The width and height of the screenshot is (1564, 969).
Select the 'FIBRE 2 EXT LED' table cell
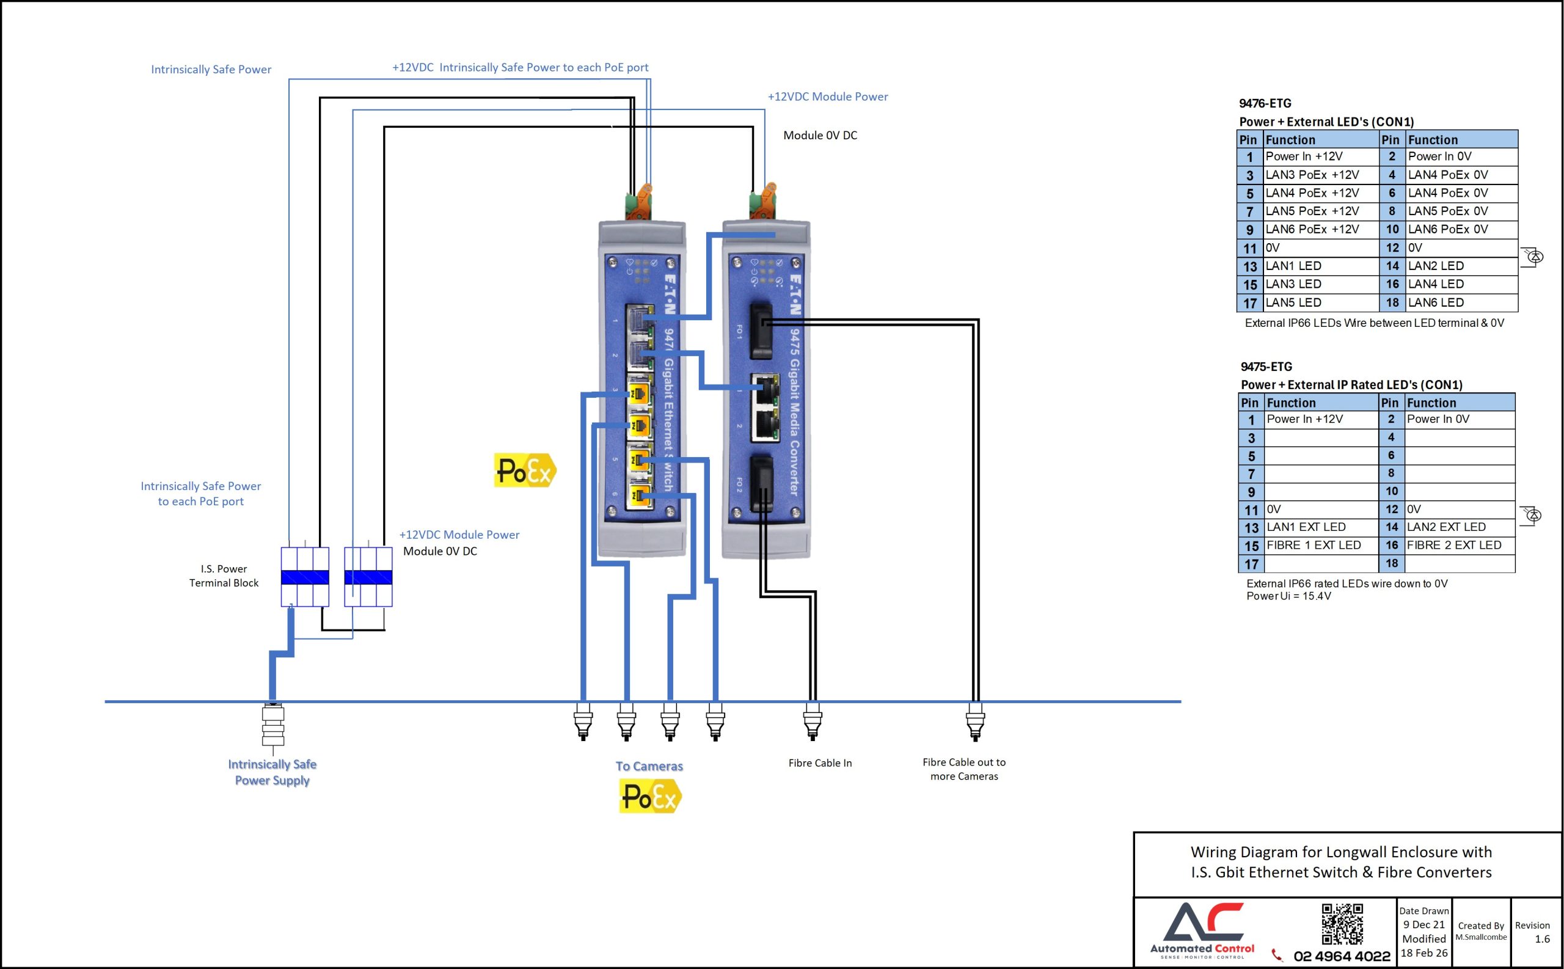pos(1453,546)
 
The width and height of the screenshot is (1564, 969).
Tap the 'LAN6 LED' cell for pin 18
pos(1435,302)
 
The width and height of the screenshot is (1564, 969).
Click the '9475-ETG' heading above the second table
pos(1266,367)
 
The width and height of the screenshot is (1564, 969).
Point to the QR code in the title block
pos(1342,924)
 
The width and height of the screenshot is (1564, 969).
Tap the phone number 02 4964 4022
pos(1341,956)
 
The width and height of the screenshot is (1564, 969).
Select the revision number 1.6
pos(1542,939)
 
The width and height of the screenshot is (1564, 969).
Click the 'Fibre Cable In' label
pos(819,763)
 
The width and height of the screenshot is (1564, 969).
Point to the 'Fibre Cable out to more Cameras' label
pos(963,769)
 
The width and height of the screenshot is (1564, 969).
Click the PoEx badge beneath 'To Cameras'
pos(649,796)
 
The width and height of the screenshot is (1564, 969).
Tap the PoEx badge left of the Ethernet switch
pos(525,470)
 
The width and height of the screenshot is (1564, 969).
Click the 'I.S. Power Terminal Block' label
pos(224,576)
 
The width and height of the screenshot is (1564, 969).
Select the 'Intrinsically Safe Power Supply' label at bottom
pos(272,772)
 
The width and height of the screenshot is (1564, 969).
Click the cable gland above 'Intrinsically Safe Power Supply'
pos(273,724)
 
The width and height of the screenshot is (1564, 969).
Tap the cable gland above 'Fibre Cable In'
pos(812,721)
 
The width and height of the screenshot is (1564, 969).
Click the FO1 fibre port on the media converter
pos(761,331)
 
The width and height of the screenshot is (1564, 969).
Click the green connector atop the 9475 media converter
pos(762,200)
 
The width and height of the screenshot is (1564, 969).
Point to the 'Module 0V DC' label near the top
pos(819,135)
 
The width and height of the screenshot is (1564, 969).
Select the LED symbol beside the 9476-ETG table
pos(1533,257)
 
